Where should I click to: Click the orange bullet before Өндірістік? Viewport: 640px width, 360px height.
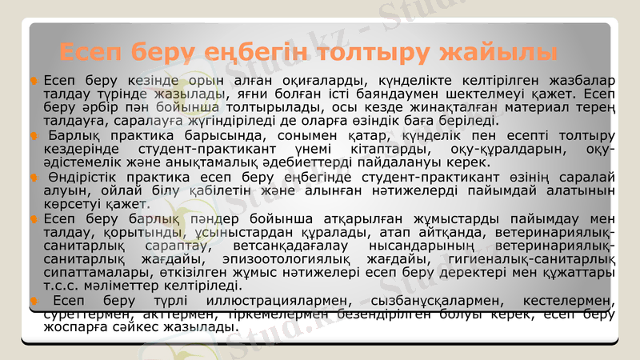pyautogui.click(x=34, y=177)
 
